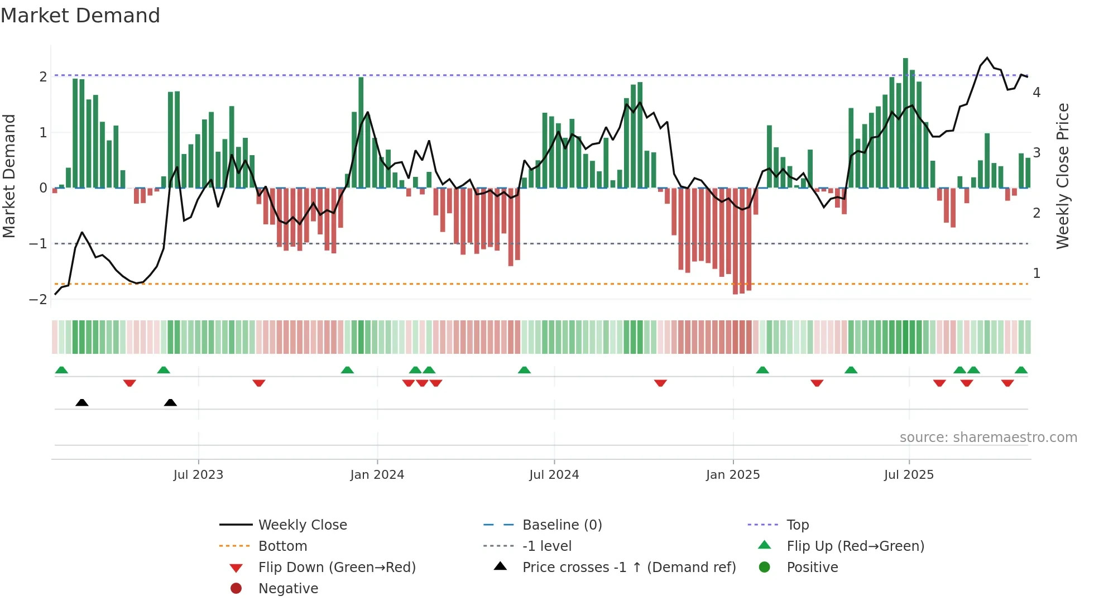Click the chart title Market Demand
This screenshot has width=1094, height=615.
tap(80, 16)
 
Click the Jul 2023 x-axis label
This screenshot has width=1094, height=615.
tap(198, 475)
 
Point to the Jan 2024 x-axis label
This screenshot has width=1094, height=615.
tap(377, 475)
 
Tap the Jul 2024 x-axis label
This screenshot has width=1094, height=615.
tap(554, 475)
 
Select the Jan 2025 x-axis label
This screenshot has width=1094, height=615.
tap(732, 475)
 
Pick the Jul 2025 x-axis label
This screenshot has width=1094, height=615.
tap(909, 475)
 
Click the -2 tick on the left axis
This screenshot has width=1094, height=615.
tap(38, 300)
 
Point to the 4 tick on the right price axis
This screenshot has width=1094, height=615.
tap(1037, 93)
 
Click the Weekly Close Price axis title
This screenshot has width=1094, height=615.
tap(1063, 176)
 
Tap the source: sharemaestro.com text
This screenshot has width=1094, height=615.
tap(988, 438)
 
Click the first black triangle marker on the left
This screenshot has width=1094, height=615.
tap(82, 402)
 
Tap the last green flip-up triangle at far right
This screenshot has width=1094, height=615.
tap(1021, 370)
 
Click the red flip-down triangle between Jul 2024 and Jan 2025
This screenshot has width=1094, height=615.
tap(660, 383)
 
